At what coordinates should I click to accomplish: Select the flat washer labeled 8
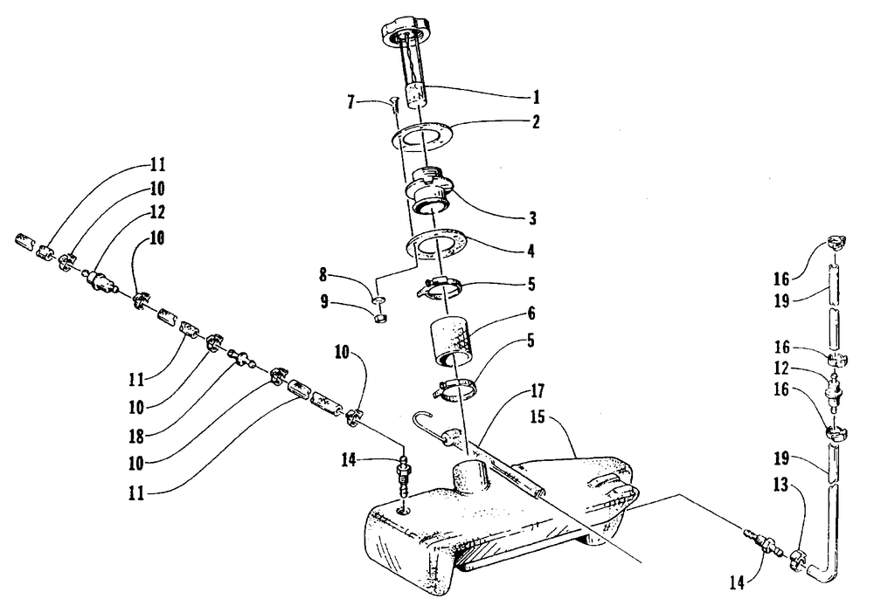pyautogui.click(x=378, y=301)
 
